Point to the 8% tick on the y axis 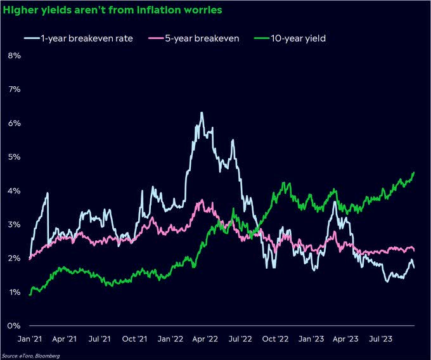coord(13,55)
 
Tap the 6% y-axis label coord(13,123)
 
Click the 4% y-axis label coord(13,191)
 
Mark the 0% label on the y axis coord(13,326)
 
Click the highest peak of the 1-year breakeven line coord(202,113)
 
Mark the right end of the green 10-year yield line coord(415,172)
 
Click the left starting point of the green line coord(30,294)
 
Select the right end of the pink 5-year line coord(415,249)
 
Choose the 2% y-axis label coord(13,259)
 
